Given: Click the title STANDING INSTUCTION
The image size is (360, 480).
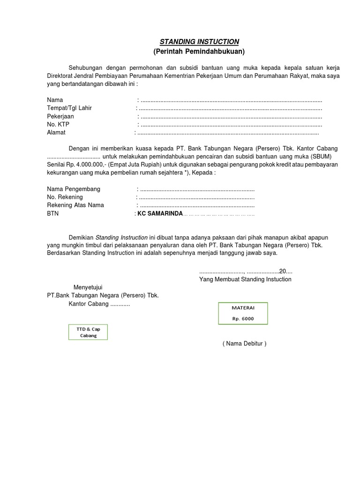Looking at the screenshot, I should tap(199, 42).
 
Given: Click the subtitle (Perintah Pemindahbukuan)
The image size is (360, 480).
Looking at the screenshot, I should tap(199, 51).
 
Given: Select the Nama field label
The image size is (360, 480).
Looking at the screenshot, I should tap(55, 100).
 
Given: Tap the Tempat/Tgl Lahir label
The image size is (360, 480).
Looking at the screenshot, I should tap(69, 108).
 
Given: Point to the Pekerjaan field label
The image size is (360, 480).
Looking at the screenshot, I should tap(60, 116).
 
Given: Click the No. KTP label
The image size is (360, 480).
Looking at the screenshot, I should tap(58, 124).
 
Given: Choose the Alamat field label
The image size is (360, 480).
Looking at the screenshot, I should tap(56, 133).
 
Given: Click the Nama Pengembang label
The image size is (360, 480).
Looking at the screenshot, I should tap(74, 189).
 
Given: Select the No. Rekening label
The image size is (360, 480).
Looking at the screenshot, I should tap(65, 197).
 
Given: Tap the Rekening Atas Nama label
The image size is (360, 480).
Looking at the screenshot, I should tap(75, 205).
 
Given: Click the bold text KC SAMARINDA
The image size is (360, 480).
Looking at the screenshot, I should tap(160, 214).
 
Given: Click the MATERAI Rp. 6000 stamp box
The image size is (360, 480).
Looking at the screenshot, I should tap(243, 314).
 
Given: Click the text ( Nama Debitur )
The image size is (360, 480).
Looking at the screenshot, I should tap(244, 344).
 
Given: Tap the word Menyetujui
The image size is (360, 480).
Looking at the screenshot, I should tap(88, 287).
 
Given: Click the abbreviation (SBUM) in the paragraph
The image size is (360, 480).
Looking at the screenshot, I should tap(325, 157).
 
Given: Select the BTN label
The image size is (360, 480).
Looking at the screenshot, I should tap(53, 214).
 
